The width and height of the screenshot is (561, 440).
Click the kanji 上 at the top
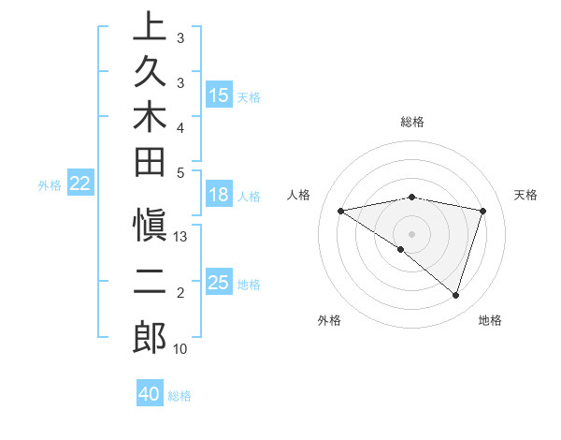(150, 28)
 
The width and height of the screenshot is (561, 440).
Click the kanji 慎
(150, 231)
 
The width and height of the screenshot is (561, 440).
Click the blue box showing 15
(219, 95)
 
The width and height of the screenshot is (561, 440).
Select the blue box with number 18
(219, 196)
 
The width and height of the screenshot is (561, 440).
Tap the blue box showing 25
(219, 283)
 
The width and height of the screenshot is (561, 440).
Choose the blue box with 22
(80, 184)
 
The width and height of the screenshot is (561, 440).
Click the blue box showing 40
(150, 394)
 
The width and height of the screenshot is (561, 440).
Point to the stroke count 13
(181, 237)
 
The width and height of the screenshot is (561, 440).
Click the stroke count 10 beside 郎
(180, 349)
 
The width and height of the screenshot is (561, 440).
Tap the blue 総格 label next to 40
(180, 396)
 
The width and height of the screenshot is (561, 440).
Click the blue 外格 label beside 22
(50, 185)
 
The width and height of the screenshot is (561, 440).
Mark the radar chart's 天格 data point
(483, 211)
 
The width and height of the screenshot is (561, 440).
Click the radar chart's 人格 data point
(341, 211)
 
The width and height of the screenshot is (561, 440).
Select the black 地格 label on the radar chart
(490, 320)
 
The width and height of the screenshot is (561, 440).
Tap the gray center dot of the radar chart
(411, 233)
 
